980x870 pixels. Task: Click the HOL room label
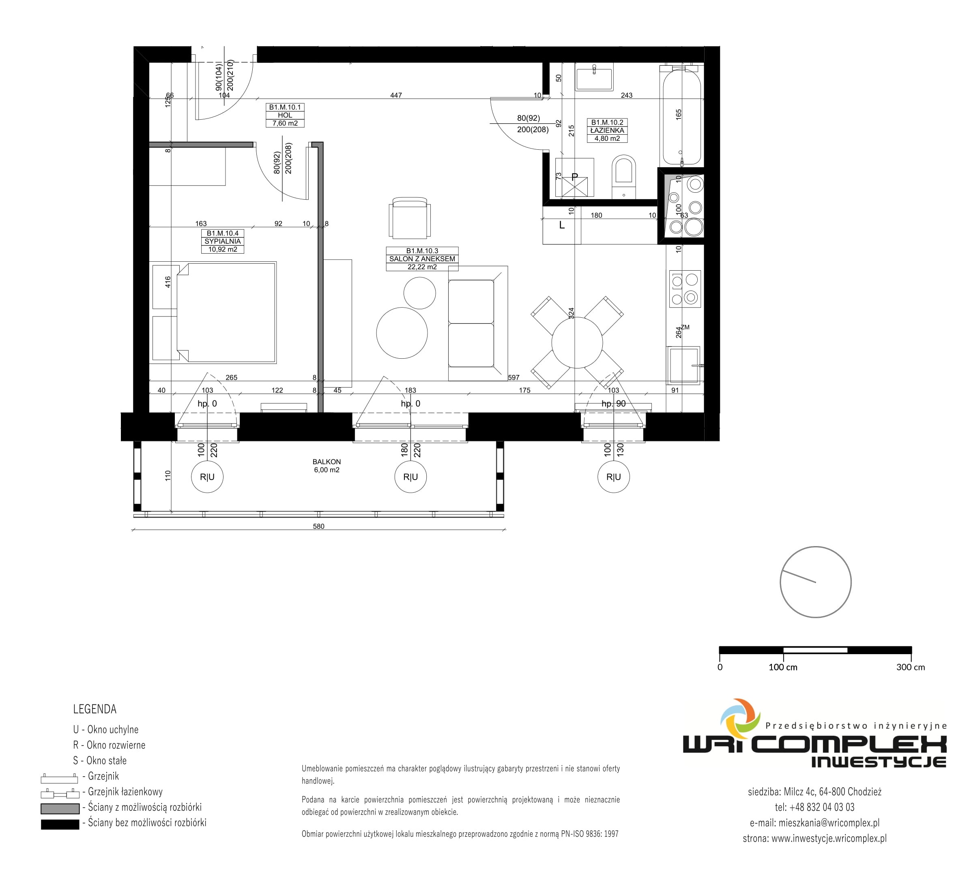[285, 115]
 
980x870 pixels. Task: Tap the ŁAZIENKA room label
[607, 130]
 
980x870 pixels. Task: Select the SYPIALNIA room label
[222, 241]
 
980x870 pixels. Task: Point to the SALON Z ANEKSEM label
[422, 259]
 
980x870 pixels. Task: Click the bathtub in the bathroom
[681, 116]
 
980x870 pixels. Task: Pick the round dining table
[577, 342]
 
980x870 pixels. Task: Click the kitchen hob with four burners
[685, 289]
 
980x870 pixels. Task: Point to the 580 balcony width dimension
[318, 526]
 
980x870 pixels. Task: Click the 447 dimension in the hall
[396, 95]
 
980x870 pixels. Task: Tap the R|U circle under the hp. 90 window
[613, 477]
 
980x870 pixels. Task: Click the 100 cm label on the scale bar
[783, 667]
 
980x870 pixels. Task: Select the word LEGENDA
[95, 709]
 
